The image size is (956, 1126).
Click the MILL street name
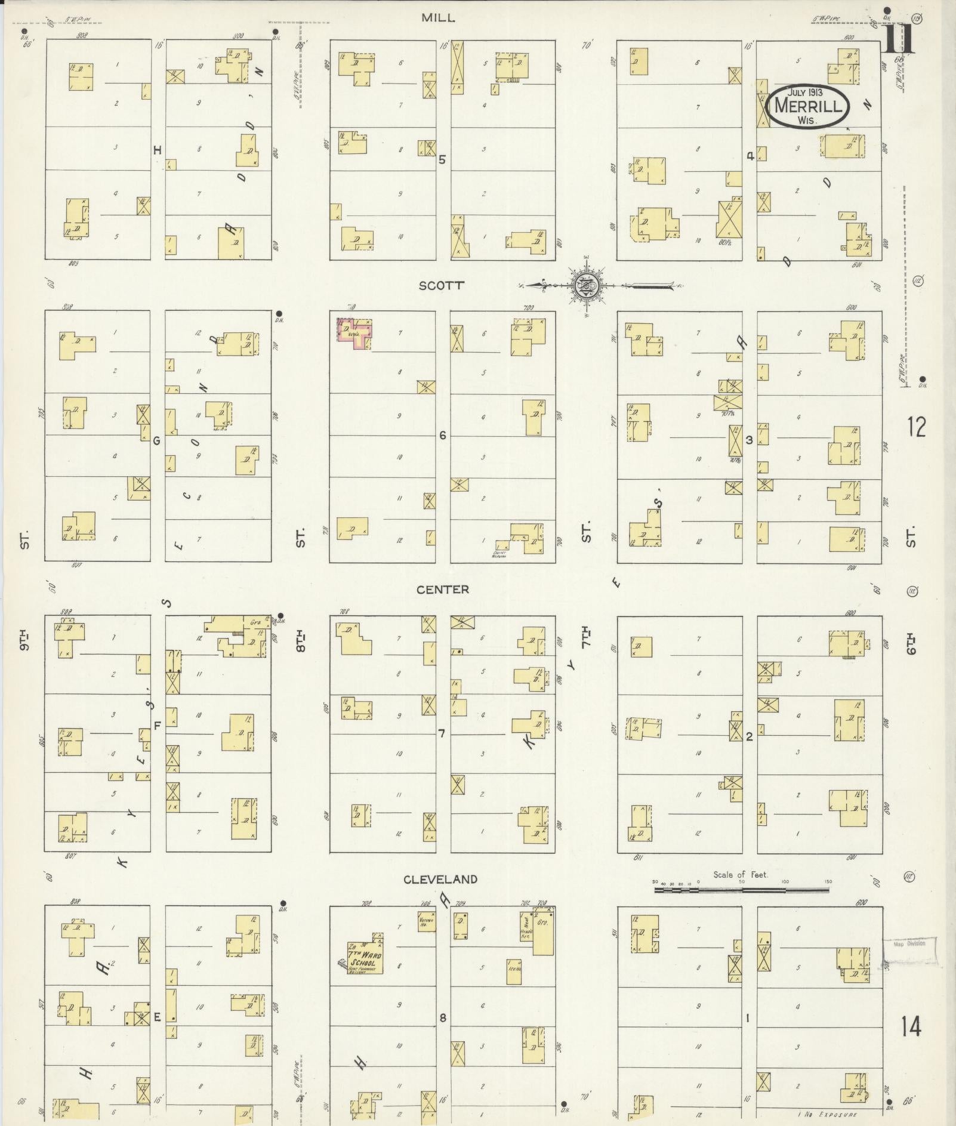pos(439,18)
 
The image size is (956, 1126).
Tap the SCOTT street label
pos(441,285)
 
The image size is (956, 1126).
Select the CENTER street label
pos(443,590)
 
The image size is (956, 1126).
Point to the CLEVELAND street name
pos(440,879)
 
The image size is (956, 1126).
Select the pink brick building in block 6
pos(355,333)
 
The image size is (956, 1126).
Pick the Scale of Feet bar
pos(741,889)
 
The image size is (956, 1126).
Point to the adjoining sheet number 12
pos(916,427)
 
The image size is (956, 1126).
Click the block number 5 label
pos(442,159)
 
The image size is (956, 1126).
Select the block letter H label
pos(158,150)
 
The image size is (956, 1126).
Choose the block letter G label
pos(157,441)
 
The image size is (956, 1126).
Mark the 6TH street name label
pos(910,643)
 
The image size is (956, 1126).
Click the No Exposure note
pos(827,1114)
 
